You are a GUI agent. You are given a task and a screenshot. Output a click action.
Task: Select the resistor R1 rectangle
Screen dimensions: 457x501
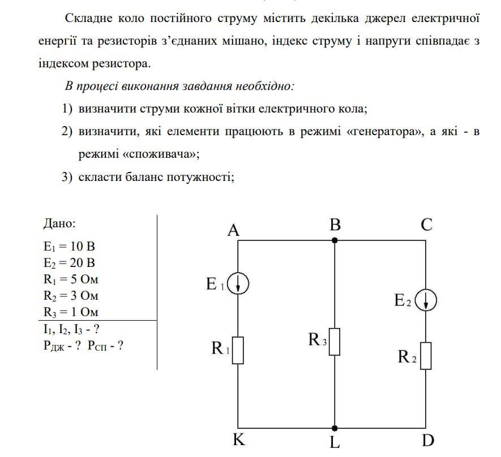tap(238, 350)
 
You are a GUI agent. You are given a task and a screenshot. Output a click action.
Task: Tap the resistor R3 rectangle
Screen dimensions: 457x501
tap(335, 342)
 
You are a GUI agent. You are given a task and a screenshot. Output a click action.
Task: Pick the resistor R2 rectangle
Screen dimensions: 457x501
tap(426, 355)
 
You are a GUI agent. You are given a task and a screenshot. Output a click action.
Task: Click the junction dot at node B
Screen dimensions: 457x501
tap(335, 240)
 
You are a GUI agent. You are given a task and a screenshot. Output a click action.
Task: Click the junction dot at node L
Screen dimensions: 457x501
tap(335, 428)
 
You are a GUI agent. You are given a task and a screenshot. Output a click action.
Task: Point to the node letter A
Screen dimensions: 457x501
tap(234, 230)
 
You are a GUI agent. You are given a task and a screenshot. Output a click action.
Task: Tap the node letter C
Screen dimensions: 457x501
tap(427, 225)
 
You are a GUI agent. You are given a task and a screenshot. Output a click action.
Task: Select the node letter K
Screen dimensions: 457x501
tap(239, 440)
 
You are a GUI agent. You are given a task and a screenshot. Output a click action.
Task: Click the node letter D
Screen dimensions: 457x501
tap(427, 440)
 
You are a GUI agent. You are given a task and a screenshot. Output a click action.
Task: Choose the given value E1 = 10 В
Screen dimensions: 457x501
tap(69, 247)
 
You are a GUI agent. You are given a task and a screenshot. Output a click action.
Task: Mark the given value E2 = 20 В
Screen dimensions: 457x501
tap(69, 263)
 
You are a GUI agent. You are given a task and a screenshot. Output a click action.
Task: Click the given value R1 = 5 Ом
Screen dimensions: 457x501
tap(71, 279)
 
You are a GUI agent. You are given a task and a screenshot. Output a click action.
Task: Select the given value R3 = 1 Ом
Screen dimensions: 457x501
tap(71, 312)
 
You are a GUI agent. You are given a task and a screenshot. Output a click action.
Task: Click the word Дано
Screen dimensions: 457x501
tap(59, 223)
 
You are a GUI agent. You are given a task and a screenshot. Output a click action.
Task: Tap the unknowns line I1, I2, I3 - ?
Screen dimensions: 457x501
tap(72, 329)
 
